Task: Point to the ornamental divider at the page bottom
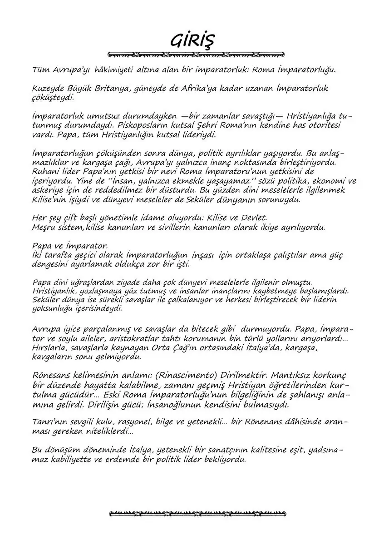pyautogui.click(x=198, y=514)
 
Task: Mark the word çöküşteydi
pyautogui.click(x=52, y=97)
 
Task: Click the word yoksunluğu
pyautogui.click(x=53, y=308)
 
